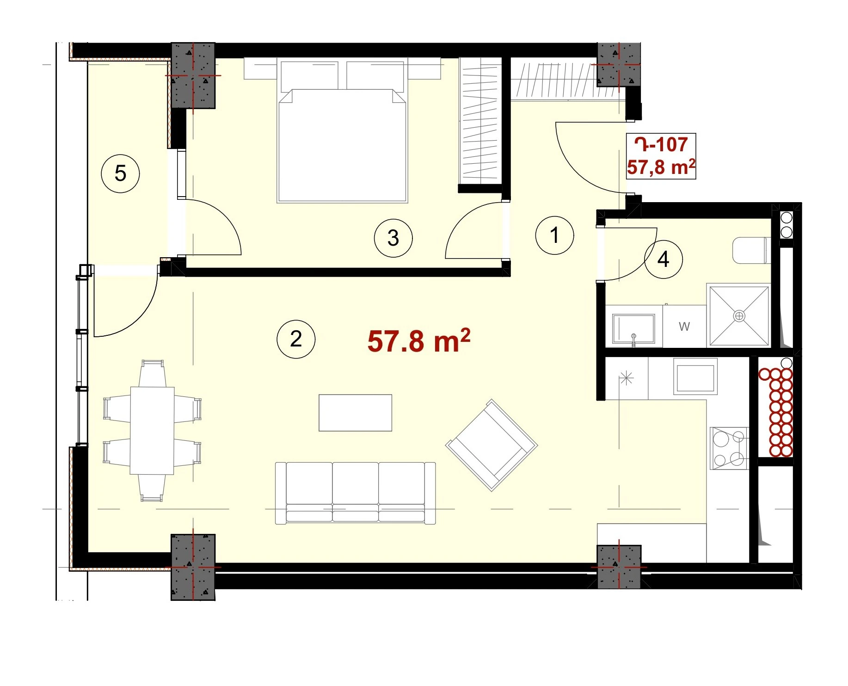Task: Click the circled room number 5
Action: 120,174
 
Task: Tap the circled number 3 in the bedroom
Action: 393,238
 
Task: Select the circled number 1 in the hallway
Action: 554,235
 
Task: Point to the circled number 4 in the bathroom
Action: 664,260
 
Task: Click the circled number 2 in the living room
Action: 296,339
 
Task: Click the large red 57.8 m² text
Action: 419,341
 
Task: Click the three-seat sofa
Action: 355,493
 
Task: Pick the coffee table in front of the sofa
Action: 355,413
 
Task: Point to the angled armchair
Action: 491,445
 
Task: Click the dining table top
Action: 152,431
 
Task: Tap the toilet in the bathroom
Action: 752,250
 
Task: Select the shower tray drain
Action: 739,316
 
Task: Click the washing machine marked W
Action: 684,326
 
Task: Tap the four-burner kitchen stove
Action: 729,448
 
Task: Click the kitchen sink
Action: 695,377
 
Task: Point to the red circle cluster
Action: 775,412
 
